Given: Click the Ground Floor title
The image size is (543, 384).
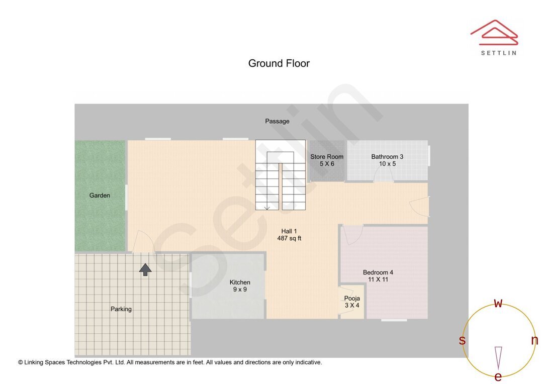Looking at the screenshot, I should pos(279,63).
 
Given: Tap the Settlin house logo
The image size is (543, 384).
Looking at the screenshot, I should pos(494,33).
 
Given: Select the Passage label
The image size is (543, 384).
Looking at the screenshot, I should pos(277,121).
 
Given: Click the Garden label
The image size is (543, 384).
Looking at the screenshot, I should pos(100,195).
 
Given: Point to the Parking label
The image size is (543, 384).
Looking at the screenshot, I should pos(121,309).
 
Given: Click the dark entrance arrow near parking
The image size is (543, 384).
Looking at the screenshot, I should pos(145,270).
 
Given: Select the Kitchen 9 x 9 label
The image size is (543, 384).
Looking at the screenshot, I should pos(240,285).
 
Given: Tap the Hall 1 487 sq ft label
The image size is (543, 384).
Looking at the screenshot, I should pos(289,235).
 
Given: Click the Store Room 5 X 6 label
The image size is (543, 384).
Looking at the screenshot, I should pos(327,160).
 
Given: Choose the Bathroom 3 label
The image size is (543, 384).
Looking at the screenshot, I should pos(387,160).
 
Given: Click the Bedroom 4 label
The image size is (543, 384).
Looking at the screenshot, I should pos(378,275).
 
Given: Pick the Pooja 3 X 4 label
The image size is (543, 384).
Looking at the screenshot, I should pos(352,302).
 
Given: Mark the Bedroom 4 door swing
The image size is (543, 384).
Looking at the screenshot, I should pos(353,235).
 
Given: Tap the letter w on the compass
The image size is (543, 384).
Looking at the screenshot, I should pos(498,303).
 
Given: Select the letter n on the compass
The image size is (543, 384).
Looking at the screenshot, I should pos(534,340).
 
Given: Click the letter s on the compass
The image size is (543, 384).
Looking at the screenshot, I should pos(462,340).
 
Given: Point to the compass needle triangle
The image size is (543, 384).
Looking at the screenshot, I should pos(498,357).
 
